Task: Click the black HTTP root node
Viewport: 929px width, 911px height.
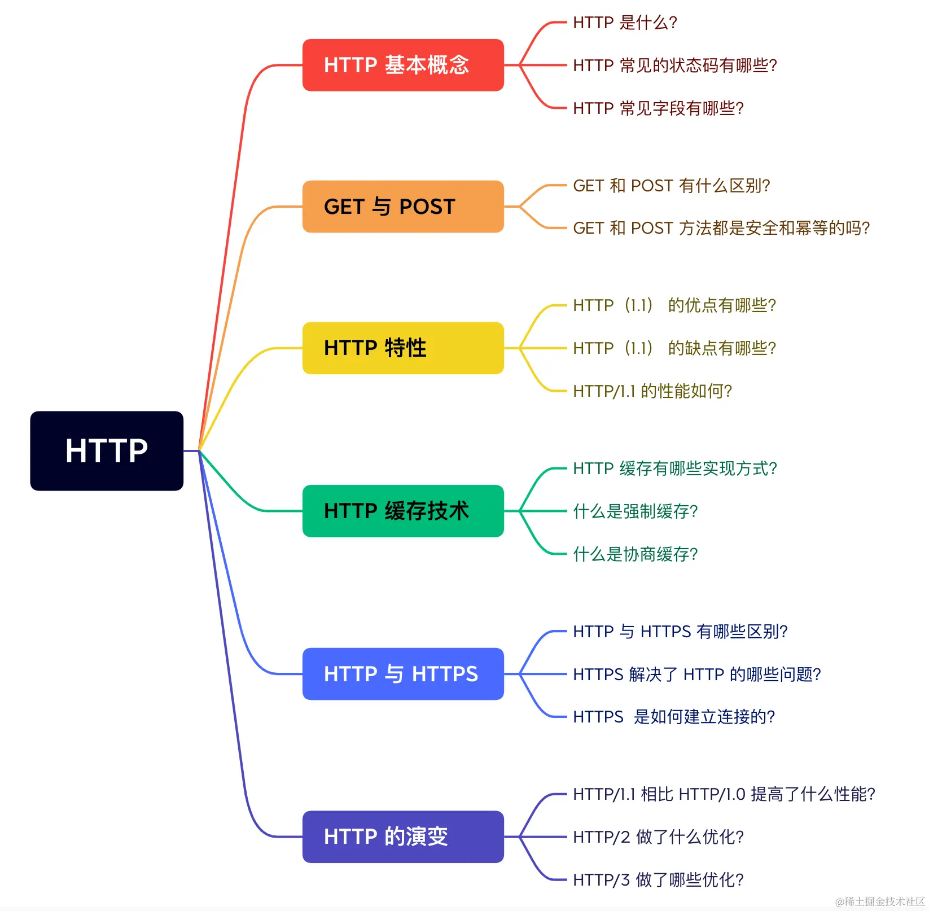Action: pos(107,450)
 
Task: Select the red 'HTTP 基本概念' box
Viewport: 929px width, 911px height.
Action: pos(403,65)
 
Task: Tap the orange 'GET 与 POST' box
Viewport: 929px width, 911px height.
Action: pos(403,207)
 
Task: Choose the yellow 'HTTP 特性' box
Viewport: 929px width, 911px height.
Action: pos(403,348)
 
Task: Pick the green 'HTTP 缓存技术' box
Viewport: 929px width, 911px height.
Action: pos(403,511)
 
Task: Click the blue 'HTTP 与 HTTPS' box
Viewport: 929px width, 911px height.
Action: pos(403,674)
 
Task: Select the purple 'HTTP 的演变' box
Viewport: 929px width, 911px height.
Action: pos(403,836)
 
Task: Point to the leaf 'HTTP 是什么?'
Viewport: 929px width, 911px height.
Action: pos(625,23)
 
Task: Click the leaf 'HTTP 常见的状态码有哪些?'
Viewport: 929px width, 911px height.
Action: pos(675,65)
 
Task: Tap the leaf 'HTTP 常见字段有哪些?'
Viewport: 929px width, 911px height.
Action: pos(658,108)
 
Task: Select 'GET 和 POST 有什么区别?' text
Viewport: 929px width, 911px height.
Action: pos(671,186)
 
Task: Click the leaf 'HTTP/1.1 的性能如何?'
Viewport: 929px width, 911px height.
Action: pos(652,391)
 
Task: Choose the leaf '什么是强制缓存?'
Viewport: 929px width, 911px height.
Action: pos(636,511)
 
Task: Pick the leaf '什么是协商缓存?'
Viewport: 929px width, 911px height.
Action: pos(636,554)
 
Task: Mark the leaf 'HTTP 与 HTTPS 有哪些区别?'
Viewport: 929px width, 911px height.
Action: pos(680,632)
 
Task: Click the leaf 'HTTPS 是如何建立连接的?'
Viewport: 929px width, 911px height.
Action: pos(674,717)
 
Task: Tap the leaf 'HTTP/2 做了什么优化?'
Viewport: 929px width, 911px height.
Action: pos(658,837)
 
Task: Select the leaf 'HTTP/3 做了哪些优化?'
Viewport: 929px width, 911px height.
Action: pos(658,879)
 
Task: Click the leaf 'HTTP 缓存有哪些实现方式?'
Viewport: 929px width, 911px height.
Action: pos(675,468)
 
